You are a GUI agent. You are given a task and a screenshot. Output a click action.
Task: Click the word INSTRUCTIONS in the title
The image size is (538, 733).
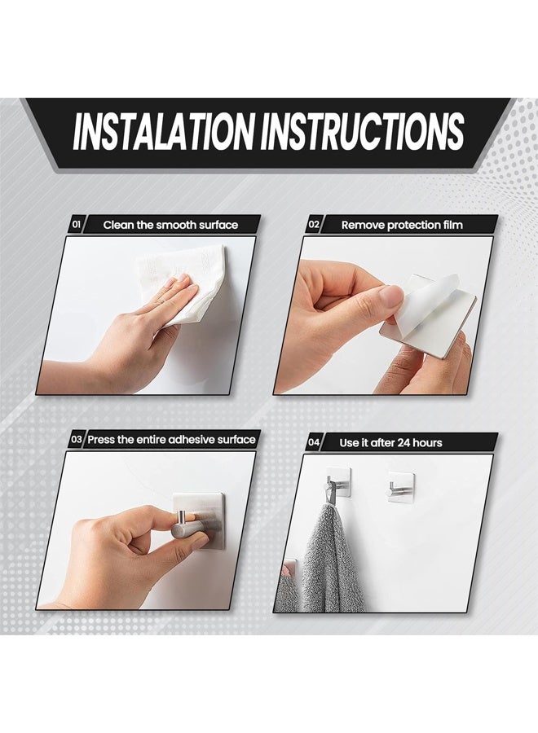pos(363,132)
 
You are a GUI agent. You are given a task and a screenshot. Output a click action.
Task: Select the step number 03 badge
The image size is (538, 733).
pos(76,440)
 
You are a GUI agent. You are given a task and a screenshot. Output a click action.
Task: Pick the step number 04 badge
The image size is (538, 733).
pos(314,442)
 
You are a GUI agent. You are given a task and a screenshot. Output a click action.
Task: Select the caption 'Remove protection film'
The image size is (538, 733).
pos(401,224)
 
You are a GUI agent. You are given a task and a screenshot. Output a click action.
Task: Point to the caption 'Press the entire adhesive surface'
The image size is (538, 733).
pos(171,440)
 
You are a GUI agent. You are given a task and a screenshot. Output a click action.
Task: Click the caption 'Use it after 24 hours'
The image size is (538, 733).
pos(390,442)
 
